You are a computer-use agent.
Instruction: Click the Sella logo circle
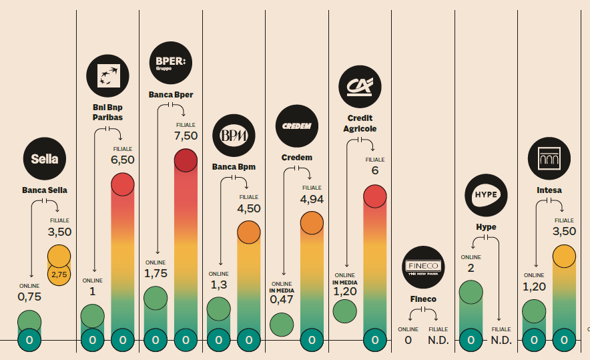pos(45,158)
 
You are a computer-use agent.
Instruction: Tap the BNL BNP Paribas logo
pos(107,75)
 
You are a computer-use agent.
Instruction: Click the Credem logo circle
pos(296,126)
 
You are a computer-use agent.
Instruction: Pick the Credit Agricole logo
pos(359,86)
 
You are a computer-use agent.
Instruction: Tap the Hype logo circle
pos(486,194)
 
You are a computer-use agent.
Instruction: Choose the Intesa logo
pos(549,159)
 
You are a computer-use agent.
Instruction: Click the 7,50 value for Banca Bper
pos(186,136)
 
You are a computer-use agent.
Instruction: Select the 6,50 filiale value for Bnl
pos(123,160)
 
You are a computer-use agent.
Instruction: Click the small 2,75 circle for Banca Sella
pos(59,274)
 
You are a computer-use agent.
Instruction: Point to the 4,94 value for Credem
pos(312,199)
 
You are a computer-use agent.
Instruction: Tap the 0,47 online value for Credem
pos(282,300)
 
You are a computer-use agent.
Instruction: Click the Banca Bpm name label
pos(234,166)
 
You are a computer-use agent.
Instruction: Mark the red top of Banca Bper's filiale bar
pos(186,161)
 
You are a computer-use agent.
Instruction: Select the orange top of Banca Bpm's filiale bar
pos(248,232)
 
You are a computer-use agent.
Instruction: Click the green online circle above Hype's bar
pos(471,292)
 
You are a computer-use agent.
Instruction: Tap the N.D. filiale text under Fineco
pos(438,340)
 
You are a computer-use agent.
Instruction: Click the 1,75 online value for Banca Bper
pos(156,273)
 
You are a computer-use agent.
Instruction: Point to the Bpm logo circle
pos(234,136)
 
